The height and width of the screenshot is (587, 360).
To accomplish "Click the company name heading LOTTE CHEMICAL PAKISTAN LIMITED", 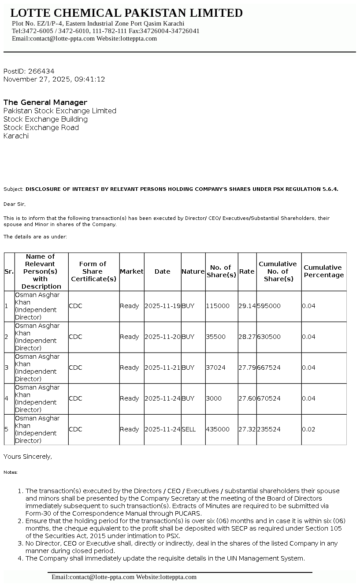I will point(126,13).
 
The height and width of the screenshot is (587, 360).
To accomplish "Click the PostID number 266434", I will point(41,71).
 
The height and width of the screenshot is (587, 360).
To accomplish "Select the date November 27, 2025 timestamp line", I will point(54,79).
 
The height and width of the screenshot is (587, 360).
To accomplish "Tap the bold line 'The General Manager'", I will point(45,102).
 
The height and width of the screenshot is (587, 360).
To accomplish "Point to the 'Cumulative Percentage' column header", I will point(323,271).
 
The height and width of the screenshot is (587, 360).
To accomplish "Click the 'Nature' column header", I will point(193,271).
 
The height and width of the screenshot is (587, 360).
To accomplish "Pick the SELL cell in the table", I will point(189,429).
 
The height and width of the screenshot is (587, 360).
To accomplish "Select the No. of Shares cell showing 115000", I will point(218,306).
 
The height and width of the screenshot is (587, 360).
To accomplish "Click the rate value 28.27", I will point(247,337).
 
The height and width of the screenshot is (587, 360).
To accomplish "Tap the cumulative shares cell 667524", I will point(269,368).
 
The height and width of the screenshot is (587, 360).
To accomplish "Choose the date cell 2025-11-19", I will point(162,306).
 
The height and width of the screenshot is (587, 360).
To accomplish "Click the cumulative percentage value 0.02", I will point(308,429).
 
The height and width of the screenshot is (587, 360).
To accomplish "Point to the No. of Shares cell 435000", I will point(218,429).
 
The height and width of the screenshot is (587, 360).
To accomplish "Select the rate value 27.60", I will point(247,398).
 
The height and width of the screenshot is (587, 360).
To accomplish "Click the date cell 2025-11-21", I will point(162,368).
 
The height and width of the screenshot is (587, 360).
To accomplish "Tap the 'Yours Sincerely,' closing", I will point(28,457).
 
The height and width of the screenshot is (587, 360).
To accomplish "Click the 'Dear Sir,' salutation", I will point(15,204).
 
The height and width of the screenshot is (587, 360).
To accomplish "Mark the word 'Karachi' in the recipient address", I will point(16,136).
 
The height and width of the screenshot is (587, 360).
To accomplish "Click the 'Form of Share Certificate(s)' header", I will point(93,271).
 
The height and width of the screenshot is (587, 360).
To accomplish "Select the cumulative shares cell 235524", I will point(269,429).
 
